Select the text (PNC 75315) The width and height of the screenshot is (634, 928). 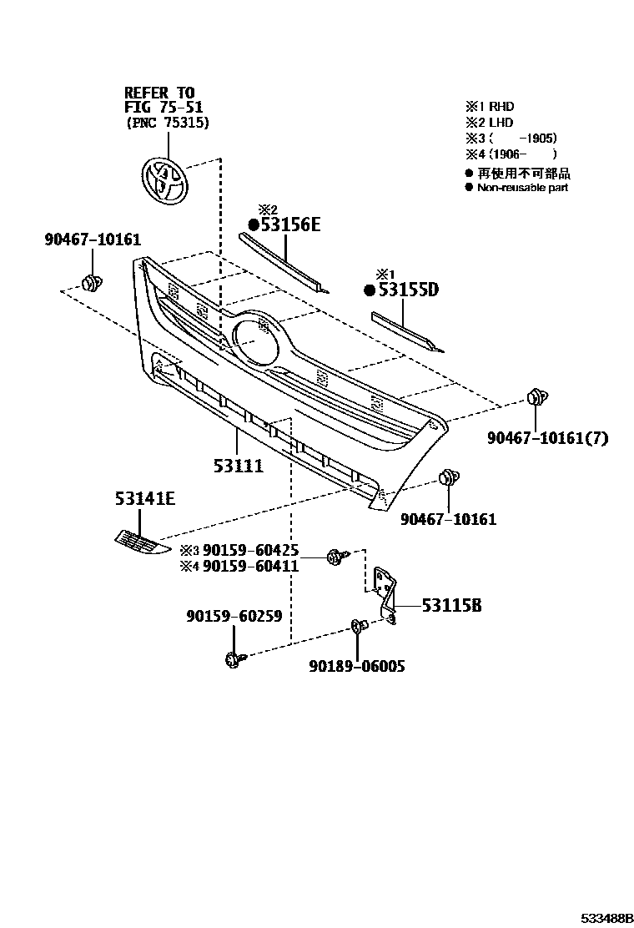pyautogui.click(x=167, y=123)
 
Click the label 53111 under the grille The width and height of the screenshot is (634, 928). pyautogui.click(x=238, y=467)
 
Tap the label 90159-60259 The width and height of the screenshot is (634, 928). pyautogui.click(x=234, y=617)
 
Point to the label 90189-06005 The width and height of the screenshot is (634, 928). pyautogui.click(x=356, y=668)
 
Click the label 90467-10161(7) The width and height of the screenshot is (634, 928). pyautogui.click(x=548, y=438)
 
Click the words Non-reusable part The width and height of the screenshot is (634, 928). pyautogui.click(x=522, y=188)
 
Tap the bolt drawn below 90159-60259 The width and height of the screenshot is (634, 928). pyautogui.click(x=233, y=659)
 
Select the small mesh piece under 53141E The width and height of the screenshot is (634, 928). pyautogui.click(x=138, y=542)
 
